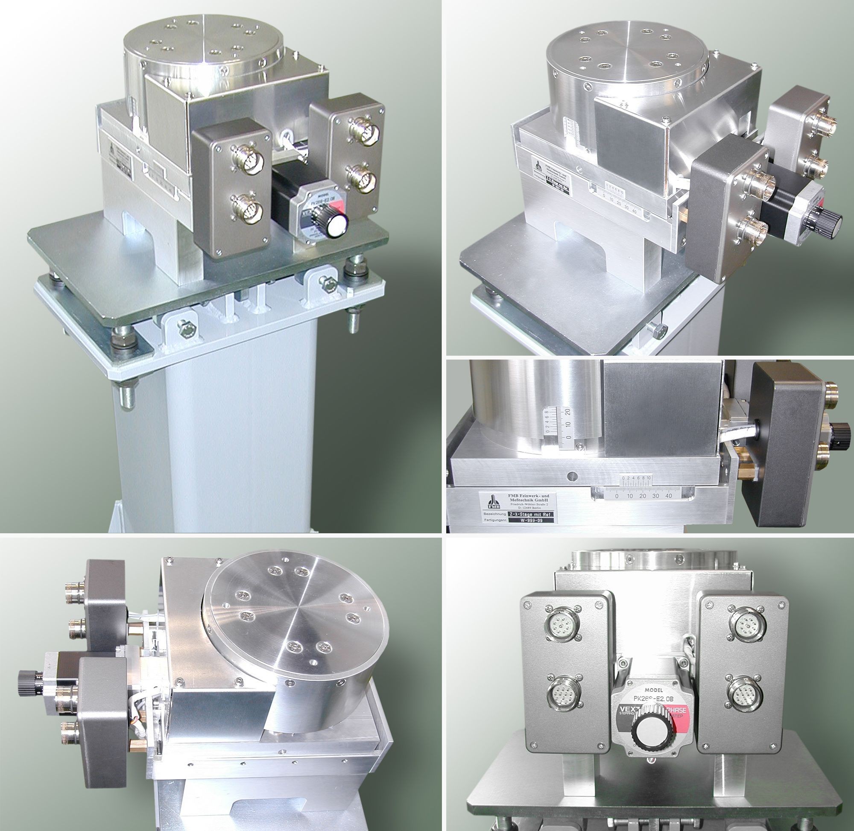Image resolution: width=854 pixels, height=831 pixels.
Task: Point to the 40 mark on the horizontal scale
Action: tap(668, 496)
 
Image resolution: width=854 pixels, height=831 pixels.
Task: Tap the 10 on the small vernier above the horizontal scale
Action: tap(649, 478)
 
